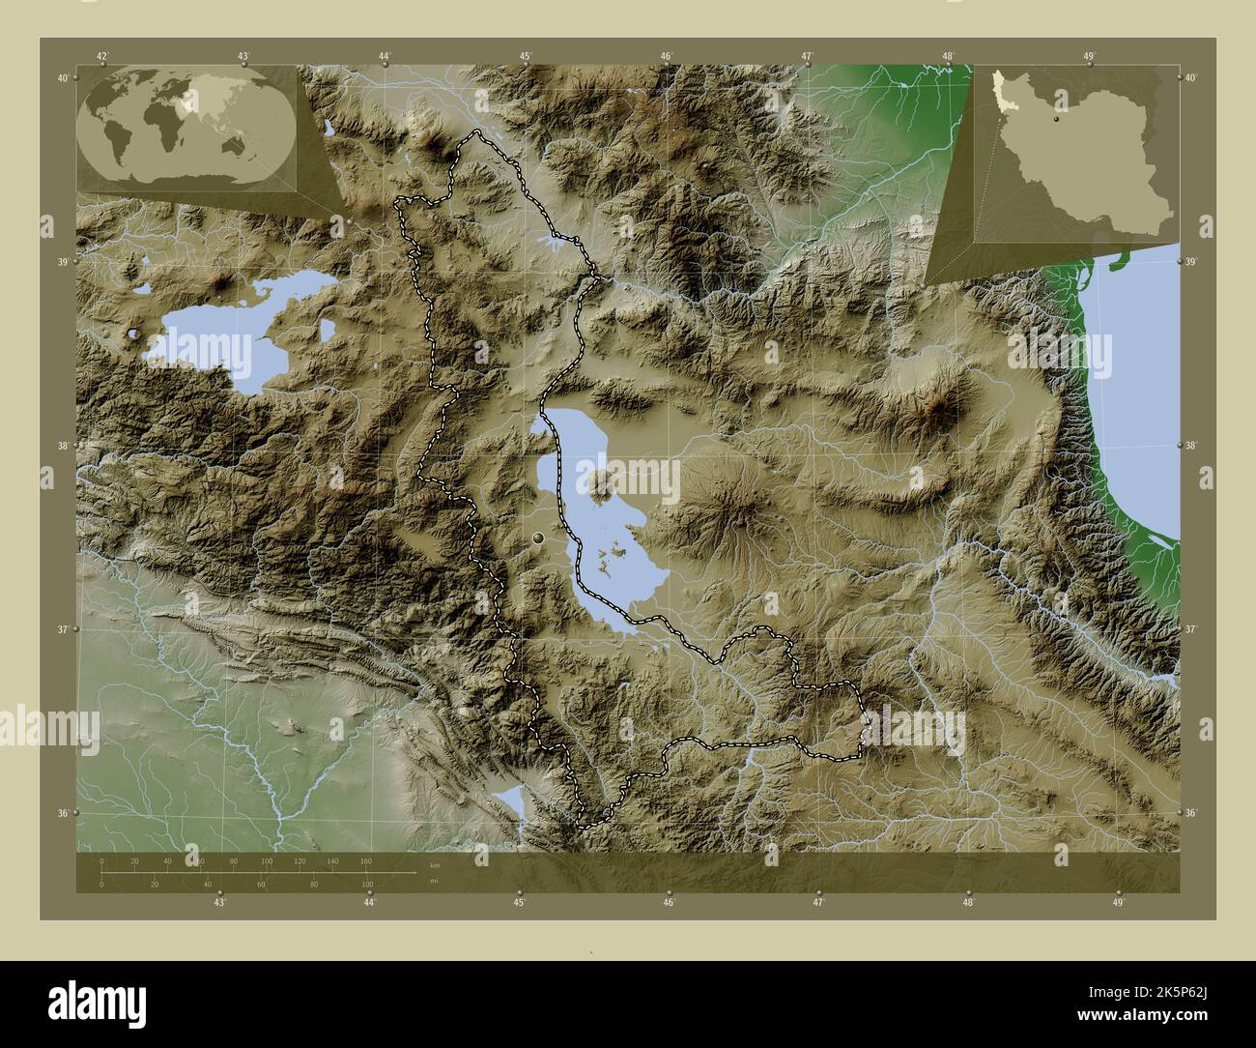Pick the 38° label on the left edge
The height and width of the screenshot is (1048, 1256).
[x=63, y=446]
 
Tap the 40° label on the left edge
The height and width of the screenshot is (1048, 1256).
[x=63, y=78]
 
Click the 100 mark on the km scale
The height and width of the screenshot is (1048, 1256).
[x=267, y=860]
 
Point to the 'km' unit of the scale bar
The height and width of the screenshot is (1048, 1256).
[x=436, y=864]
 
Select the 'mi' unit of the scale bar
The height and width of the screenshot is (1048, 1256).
[x=436, y=880]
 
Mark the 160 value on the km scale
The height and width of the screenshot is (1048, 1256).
[x=365, y=860]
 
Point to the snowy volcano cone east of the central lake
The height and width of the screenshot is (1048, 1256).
[x=739, y=515]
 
